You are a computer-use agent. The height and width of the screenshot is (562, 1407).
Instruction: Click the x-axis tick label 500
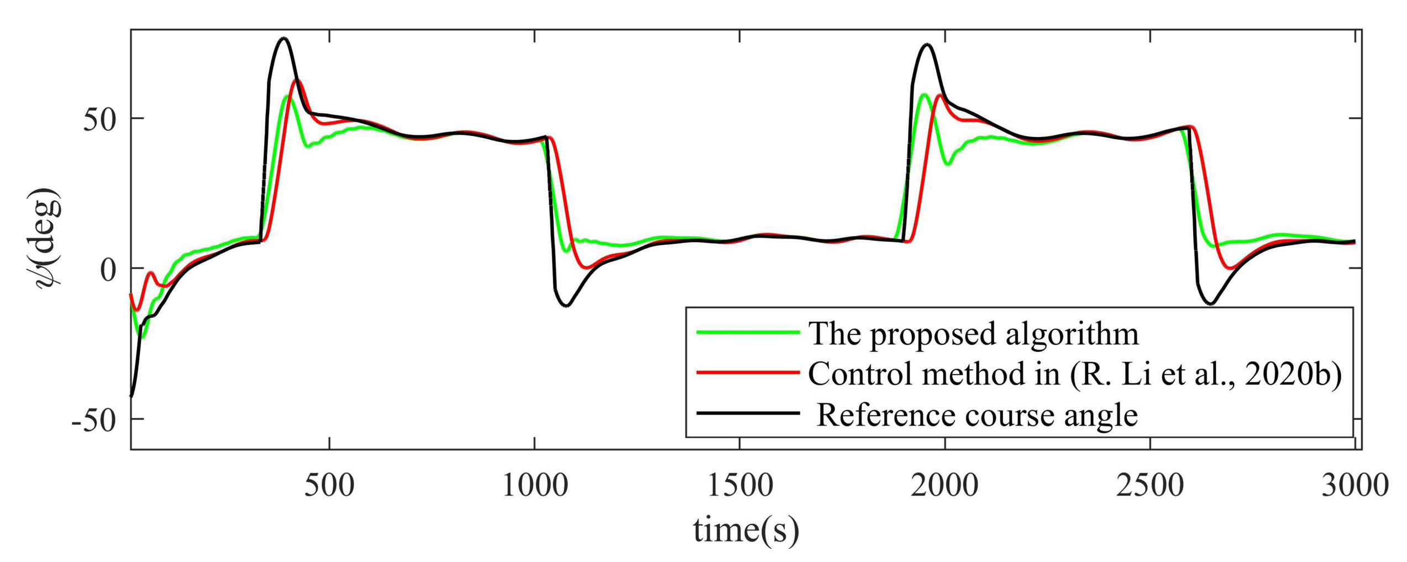pos(329,486)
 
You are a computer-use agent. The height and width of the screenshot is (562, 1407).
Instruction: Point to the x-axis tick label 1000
pos(535,486)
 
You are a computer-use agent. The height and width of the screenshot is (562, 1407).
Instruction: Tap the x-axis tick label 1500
pos(740,486)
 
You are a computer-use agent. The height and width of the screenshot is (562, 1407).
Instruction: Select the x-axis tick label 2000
pos(945,486)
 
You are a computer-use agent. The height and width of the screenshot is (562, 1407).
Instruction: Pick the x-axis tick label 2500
pos(1150,486)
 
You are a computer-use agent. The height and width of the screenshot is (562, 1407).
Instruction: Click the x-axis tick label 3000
pos(1355,486)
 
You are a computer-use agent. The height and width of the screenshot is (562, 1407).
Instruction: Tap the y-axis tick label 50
pos(99,119)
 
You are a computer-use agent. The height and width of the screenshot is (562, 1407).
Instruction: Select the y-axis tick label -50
pos(94,421)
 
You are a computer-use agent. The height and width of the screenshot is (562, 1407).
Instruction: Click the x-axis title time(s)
pos(746,529)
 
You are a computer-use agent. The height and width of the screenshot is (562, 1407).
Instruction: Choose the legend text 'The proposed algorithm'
pos(973,334)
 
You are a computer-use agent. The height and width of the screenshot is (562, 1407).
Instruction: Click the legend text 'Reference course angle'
pos(977,414)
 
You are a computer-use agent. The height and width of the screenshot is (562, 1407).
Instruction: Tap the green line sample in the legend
pos(748,332)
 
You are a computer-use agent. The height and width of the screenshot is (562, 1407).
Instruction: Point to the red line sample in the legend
pos(748,372)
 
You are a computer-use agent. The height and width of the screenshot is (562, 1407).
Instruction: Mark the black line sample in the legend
pos(748,413)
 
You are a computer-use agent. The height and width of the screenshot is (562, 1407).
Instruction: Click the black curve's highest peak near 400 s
pos(284,38)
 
